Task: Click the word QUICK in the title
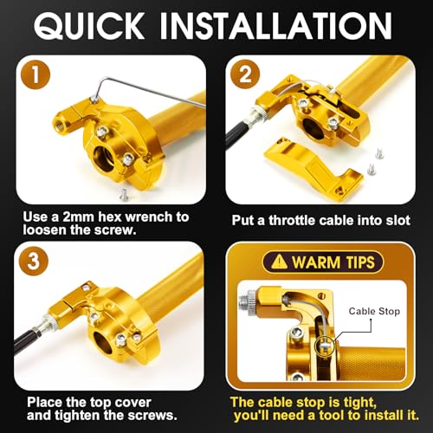click(89, 26)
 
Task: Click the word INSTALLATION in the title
click(275, 26)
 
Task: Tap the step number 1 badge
click(36, 74)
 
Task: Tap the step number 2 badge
click(245, 74)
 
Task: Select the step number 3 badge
click(34, 261)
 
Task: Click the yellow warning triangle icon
click(279, 262)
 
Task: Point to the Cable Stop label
click(374, 311)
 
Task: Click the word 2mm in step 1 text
click(79, 216)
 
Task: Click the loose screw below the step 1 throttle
click(124, 195)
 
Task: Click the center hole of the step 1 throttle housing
click(105, 158)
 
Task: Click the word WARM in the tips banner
click(316, 262)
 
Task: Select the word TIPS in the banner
click(360, 262)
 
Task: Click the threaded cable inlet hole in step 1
click(58, 126)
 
